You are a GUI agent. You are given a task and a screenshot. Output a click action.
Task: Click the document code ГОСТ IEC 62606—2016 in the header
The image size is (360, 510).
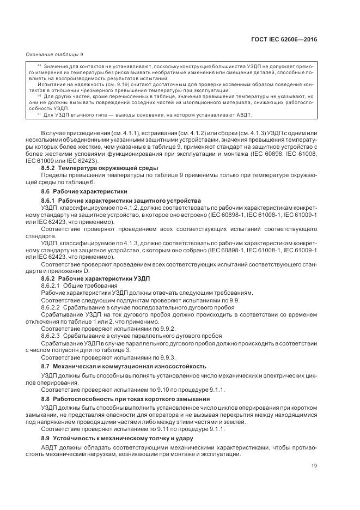[x=286, y=40]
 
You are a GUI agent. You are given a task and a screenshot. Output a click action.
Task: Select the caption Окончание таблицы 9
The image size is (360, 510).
[x=54, y=54]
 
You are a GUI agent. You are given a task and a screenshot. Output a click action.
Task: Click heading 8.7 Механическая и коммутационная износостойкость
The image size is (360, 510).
[x=124, y=366]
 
